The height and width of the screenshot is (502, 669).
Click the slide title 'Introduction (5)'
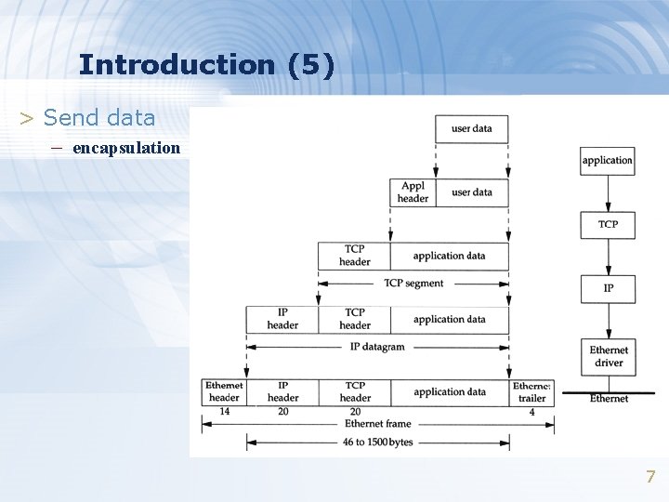206,65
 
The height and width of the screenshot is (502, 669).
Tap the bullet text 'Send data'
99,118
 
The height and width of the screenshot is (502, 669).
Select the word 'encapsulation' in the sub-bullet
126,148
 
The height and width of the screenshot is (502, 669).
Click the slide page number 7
650,477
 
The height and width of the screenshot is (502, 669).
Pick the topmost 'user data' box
471,128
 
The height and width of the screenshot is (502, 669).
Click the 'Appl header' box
413,192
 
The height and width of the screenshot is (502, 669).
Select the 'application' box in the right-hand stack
608,160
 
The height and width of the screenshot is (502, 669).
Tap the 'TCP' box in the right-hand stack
608,224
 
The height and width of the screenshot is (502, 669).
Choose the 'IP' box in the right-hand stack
608,288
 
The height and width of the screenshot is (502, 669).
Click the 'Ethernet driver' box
609,357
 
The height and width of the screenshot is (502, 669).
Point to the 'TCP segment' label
413,284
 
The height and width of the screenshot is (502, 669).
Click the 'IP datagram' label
377,347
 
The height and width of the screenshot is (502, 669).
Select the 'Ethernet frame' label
376,424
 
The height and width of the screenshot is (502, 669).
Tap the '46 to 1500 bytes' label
377,443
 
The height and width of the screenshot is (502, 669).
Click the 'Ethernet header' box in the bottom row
224,391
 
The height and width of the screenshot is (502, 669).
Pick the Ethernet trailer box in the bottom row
532,391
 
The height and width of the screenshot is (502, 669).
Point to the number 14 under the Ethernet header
224,411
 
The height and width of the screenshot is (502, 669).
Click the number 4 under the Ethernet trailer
532,411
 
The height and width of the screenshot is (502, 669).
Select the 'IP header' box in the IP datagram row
282,319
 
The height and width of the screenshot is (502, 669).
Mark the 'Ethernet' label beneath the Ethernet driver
609,399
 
